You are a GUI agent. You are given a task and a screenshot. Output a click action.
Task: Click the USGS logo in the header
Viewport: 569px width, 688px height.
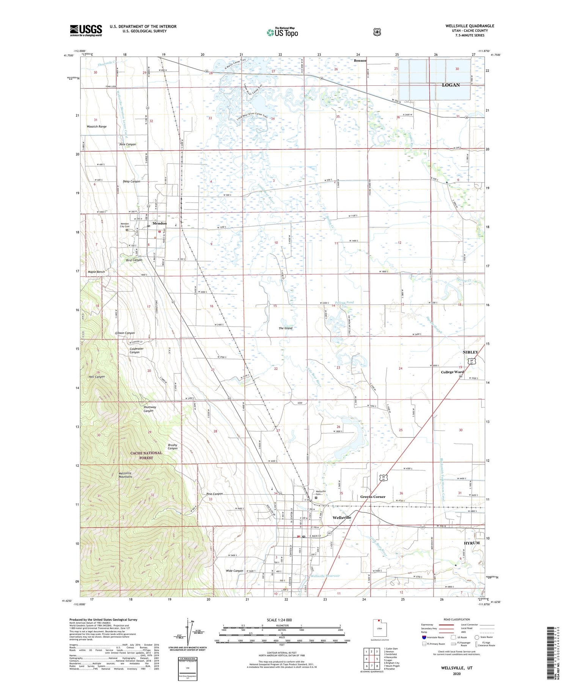pyautogui.click(x=86, y=30)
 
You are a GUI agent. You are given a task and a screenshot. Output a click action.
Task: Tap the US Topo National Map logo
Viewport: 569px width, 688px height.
pyautogui.click(x=282, y=32)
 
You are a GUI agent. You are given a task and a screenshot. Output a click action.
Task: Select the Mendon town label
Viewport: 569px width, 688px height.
pyautogui.click(x=159, y=224)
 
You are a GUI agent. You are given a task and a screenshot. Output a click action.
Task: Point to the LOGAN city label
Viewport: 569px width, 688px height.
pyautogui.click(x=451, y=85)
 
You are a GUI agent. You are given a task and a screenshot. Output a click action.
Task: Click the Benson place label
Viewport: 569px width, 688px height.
pyautogui.click(x=360, y=61)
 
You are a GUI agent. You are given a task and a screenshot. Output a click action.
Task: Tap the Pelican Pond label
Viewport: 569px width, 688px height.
pyautogui.click(x=344, y=302)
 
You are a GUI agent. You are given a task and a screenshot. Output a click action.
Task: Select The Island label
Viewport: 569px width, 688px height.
pyautogui.click(x=285, y=328)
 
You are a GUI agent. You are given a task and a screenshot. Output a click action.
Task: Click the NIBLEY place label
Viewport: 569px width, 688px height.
pyautogui.click(x=470, y=352)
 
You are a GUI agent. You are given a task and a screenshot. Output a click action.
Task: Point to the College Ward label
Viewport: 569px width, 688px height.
pyautogui.click(x=452, y=372)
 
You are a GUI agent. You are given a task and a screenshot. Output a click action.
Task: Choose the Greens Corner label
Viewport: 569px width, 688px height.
pyautogui.click(x=373, y=497)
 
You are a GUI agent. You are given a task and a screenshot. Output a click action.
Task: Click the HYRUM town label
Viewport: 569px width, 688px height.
pyautogui.click(x=472, y=543)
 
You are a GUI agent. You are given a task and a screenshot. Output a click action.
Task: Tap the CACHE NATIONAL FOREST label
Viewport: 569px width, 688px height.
pyautogui.click(x=146, y=455)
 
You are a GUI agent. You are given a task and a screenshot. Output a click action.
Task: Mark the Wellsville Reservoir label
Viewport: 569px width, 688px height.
pyautogui.click(x=325, y=576)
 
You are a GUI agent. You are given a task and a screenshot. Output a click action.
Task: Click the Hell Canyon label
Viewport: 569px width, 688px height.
pyautogui.click(x=96, y=377)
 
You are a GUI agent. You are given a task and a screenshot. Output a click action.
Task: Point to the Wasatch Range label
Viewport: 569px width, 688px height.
pyautogui.click(x=96, y=127)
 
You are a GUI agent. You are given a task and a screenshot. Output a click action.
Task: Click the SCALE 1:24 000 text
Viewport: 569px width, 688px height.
pyautogui.click(x=279, y=620)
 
